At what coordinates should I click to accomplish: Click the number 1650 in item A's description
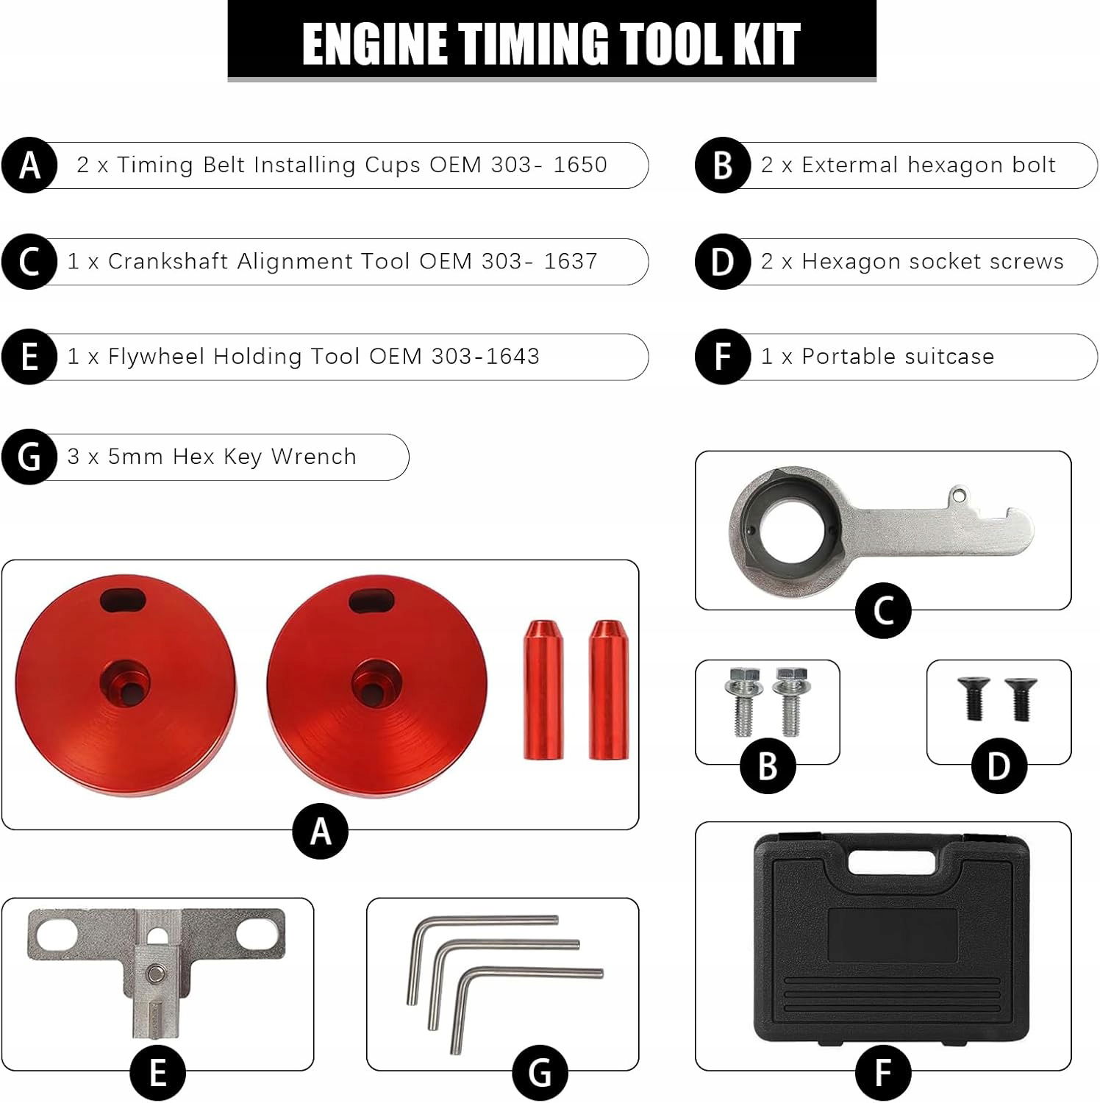(580, 165)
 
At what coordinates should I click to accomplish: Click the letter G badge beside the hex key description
(29, 457)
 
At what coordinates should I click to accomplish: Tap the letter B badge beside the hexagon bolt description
(723, 165)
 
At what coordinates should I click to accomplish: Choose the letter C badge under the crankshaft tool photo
(883, 611)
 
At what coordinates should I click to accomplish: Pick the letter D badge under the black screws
(999, 766)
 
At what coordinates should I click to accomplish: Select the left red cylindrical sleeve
(543, 690)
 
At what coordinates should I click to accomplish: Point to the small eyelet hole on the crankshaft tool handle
(956, 495)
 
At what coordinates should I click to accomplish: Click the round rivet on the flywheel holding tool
(155, 974)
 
